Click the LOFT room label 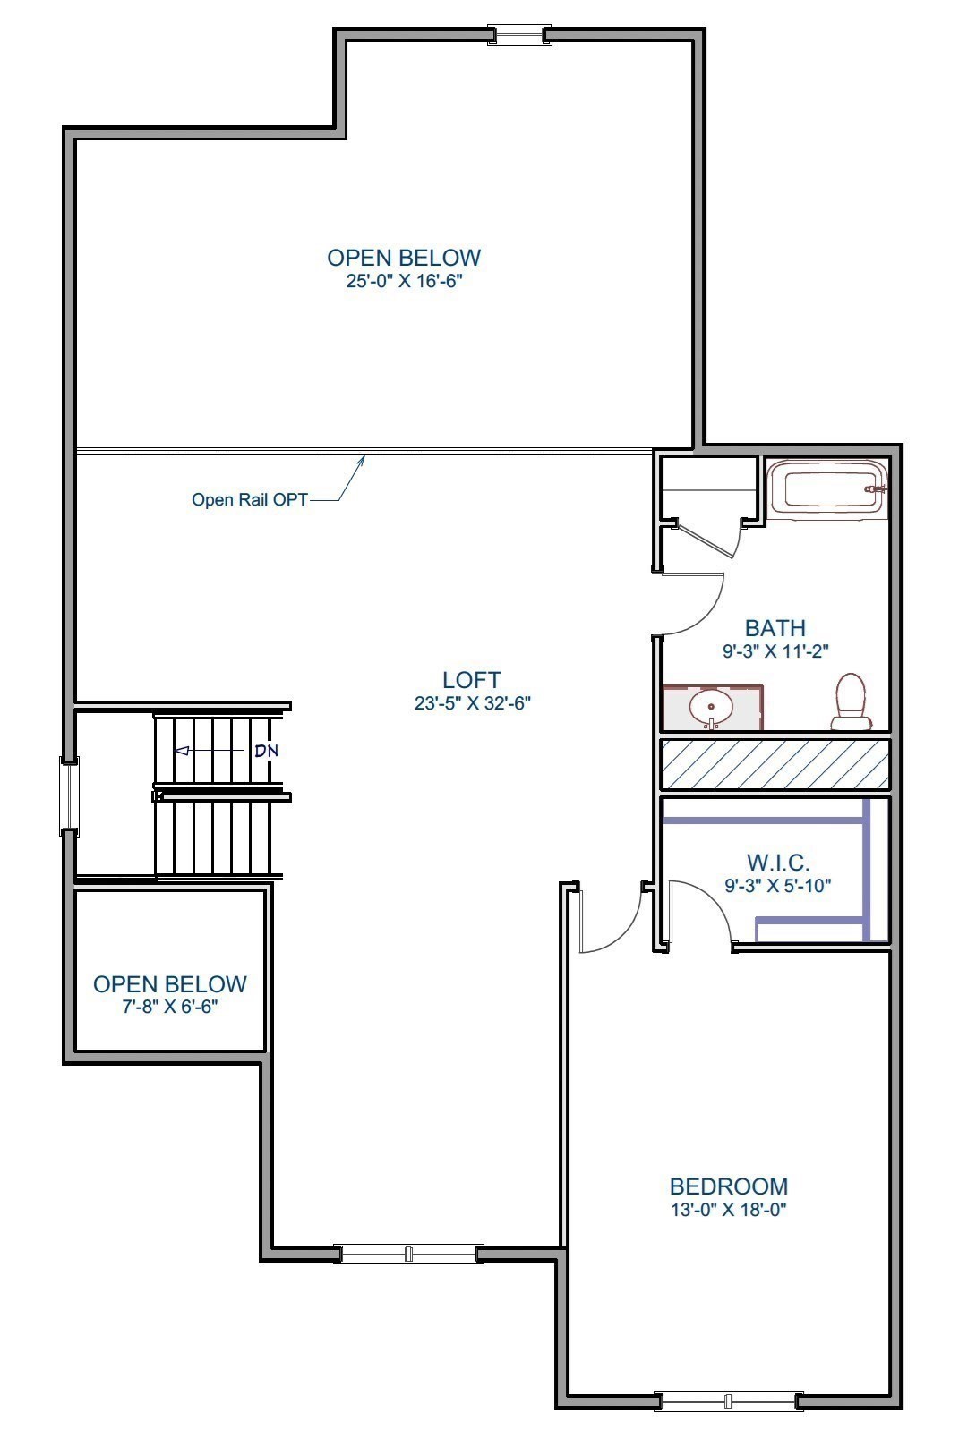click(x=472, y=680)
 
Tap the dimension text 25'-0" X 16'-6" click(x=404, y=281)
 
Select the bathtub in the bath click(x=828, y=489)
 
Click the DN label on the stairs click(x=266, y=751)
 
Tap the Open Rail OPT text click(x=249, y=499)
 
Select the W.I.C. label click(x=778, y=863)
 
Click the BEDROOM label click(x=729, y=1186)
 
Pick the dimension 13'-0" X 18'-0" click(x=729, y=1210)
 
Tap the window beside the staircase click(x=69, y=795)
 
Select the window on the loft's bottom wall click(x=408, y=1254)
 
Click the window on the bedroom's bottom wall click(x=728, y=1401)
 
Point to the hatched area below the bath click(x=775, y=764)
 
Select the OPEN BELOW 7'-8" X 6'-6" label click(x=170, y=984)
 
